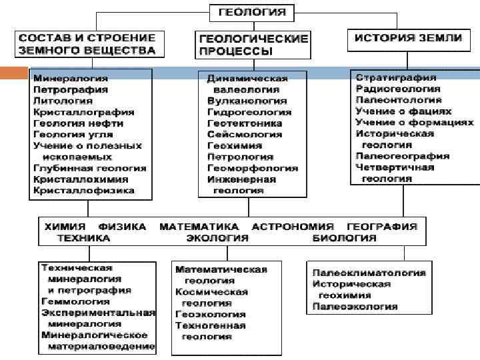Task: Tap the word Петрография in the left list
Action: click(x=70, y=90)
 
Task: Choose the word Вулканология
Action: click(x=247, y=101)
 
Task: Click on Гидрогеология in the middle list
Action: click(x=249, y=112)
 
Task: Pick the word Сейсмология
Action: click(x=245, y=135)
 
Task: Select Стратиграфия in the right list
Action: click(x=396, y=78)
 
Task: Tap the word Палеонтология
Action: click(x=399, y=100)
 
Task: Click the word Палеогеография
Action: click(x=402, y=156)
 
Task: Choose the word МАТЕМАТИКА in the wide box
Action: click(x=199, y=227)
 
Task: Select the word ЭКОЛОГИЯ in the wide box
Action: click(x=217, y=238)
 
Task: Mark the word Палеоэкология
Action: click(x=355, y=307)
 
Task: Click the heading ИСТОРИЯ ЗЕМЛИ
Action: click(x=408, y=38)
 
